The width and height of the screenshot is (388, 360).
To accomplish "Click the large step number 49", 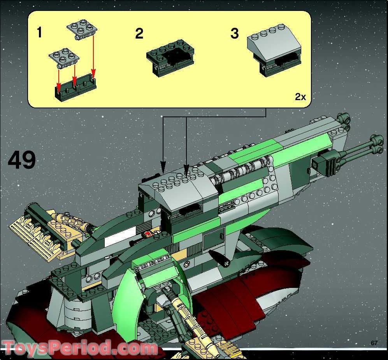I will [22, 160].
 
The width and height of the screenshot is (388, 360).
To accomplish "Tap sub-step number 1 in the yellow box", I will [39, 33].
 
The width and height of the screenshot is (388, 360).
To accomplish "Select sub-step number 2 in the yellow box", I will [139, 34].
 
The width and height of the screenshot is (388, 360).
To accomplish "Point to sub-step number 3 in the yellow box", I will [234, 34].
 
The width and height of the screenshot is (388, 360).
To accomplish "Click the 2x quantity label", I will [300, 97].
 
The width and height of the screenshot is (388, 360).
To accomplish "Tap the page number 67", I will [374, 343].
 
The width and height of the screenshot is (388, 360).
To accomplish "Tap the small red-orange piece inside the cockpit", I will [148, 234].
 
